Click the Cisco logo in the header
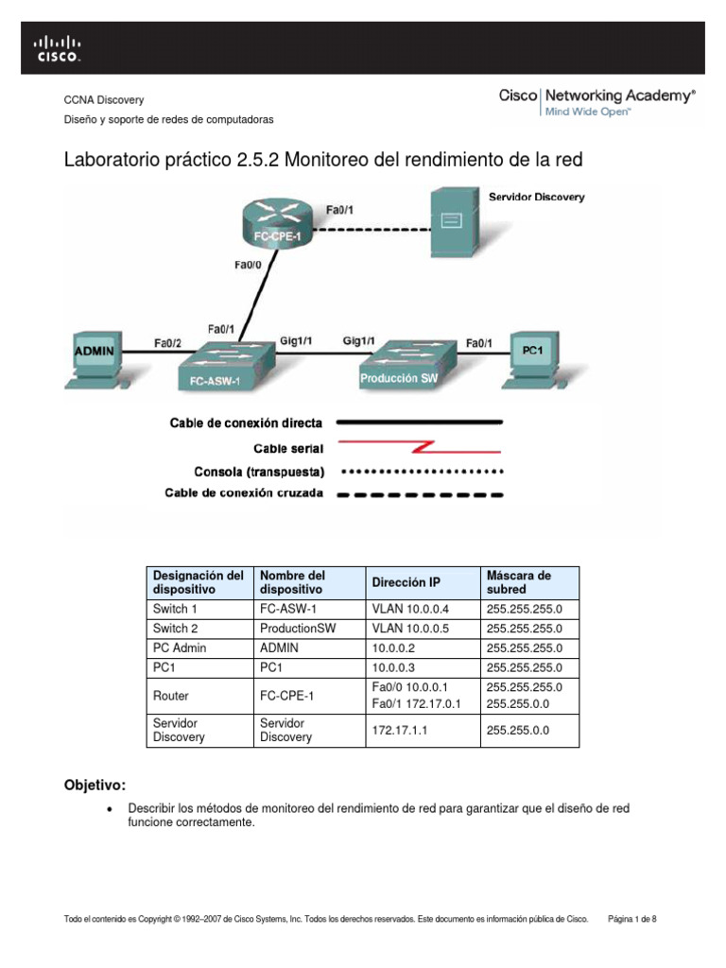pos(59,48)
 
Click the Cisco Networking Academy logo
pos(596,102)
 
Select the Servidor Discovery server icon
pos(453,222)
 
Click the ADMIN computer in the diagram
pos(95,354)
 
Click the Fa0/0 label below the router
pos(249,268)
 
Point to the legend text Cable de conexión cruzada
pos(244,493)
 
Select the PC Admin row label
pos(180,648)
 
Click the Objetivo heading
pos(95,786)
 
